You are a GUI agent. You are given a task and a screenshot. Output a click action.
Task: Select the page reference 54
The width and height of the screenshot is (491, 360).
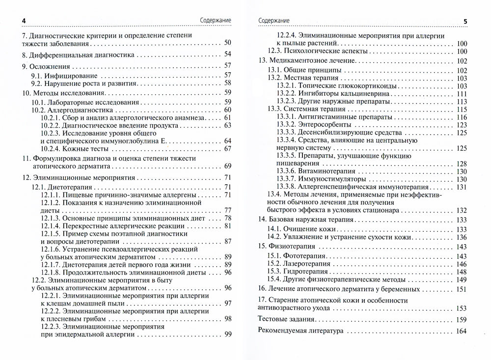click(x=227, y=55)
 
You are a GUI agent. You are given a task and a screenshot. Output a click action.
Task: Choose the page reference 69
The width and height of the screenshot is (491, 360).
click(x=227, y=166)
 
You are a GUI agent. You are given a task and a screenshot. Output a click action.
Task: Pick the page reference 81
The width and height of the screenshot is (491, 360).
click(x=227, y=226)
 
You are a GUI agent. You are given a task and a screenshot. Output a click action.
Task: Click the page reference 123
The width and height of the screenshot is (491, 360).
click(x=461, y=125)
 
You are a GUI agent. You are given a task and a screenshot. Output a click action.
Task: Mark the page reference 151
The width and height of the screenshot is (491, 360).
click(x=461, y=289)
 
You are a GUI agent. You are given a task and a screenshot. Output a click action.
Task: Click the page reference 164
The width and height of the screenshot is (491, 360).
click(x=461, y=331)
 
